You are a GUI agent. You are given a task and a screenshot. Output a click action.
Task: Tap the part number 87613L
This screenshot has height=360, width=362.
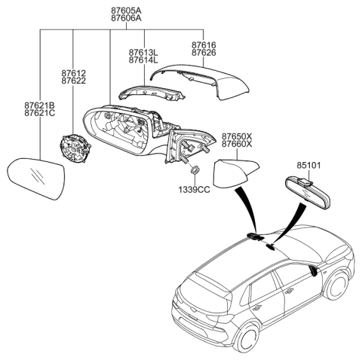(143, 51)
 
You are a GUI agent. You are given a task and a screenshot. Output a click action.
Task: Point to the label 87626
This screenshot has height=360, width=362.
(204, 54)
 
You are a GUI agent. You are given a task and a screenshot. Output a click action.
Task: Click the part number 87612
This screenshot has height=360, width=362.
(74, 73)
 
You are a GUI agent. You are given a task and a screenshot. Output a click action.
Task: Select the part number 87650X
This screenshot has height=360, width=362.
(237, 136)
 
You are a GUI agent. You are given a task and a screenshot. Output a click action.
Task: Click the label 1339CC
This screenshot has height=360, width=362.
(193, 190)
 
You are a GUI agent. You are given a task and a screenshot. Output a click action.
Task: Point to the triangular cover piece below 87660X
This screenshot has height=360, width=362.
(234, 173)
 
